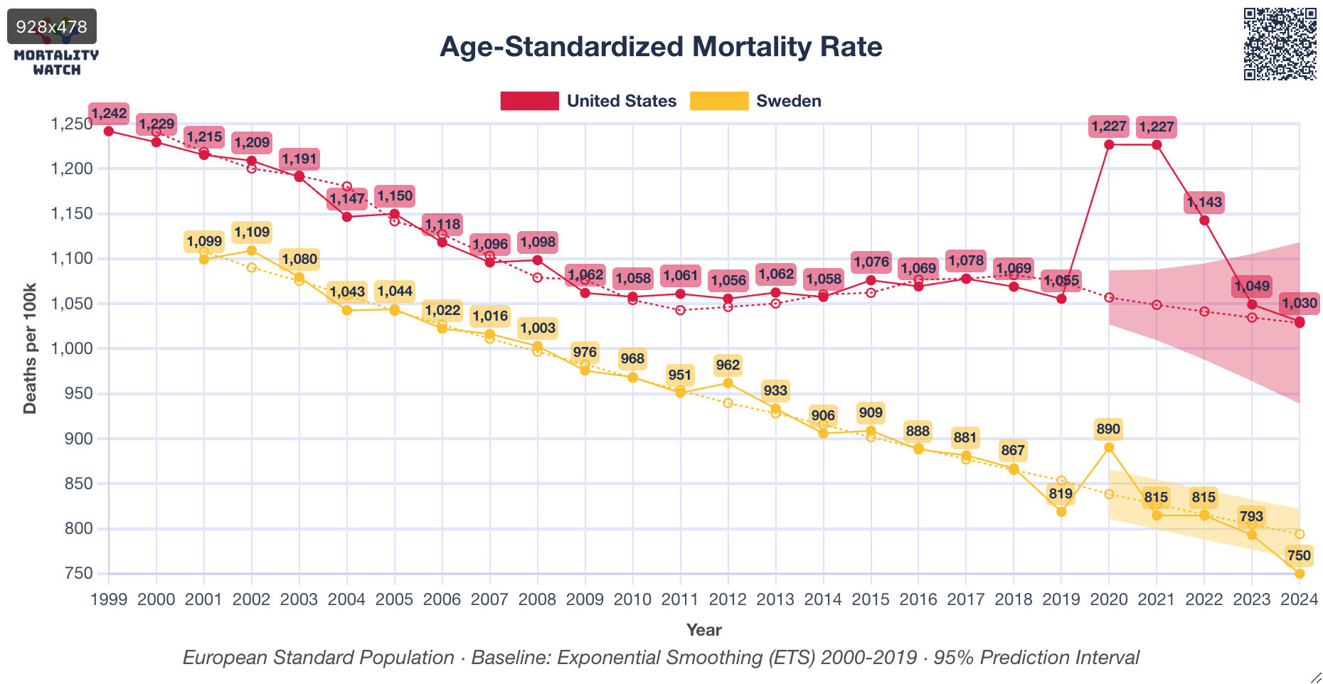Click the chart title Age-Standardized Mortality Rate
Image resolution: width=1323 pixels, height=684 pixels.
click(661, 47)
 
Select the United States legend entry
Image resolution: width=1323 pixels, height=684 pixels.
click(588, 101)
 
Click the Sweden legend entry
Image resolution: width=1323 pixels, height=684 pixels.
click(755, 101)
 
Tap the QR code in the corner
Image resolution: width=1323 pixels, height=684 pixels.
click(1280, 44)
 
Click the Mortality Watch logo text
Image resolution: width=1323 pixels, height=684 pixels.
click(56, 62)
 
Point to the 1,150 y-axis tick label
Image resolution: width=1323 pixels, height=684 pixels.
click(71, 213)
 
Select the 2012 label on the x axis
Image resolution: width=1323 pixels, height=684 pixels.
click(728, 599)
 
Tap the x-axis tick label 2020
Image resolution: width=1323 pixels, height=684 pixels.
click(1109, 599)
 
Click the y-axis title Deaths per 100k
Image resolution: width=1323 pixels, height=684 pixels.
click(30, 348)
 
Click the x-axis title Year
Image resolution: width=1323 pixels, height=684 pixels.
click(703, 630)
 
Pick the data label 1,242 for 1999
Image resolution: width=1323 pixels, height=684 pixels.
click(109, 113)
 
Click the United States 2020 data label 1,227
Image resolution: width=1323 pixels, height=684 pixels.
click(1109, 127)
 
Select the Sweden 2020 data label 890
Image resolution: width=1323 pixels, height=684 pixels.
click(1108, 429)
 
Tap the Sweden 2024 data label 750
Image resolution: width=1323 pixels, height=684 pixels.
click(1298, 555)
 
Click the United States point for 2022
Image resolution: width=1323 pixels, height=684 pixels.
click(1204, 220)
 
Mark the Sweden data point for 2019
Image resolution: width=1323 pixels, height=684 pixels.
click(1061, 512)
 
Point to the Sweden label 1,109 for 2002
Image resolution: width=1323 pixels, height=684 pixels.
click(252, 232)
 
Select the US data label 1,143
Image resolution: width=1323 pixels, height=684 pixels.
click(1204, 202)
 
